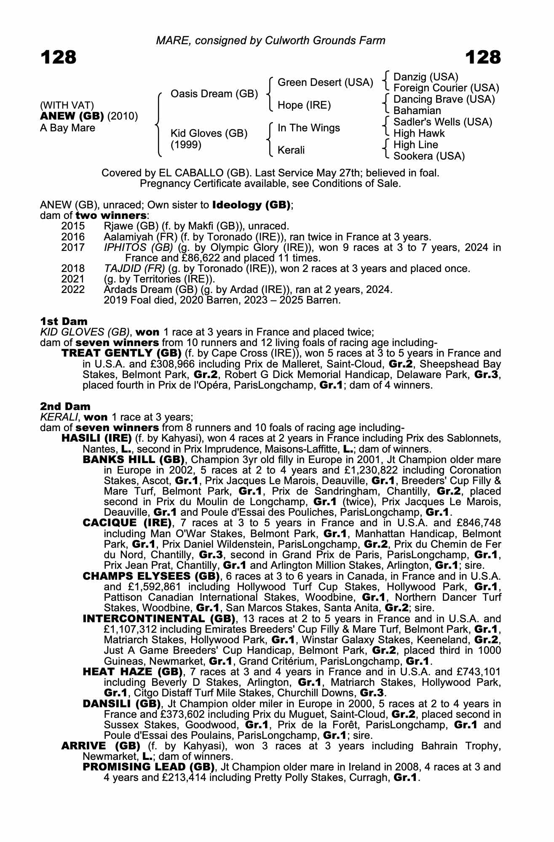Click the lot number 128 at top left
pos(59,57)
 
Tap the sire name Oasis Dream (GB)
pos(214,93)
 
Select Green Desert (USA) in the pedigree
pos(325,83)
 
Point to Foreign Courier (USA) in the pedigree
pos(446,88)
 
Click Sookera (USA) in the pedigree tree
pos(429,156)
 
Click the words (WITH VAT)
pos(67,105)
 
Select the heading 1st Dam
pos(64,322)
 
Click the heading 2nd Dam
pos(65,406)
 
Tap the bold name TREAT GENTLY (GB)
pos(121,353)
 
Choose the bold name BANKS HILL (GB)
pos(134,459)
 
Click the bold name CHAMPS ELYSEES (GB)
pos(151,576)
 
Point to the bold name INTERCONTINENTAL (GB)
pos(159,618)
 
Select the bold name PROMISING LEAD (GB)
pos(149,767)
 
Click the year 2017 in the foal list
pos(73,248)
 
